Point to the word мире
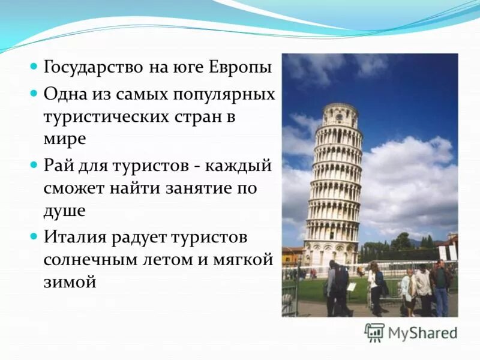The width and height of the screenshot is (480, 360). coord(65,139)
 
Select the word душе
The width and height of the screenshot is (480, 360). coord(64,211)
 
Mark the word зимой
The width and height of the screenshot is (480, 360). coord(70,281)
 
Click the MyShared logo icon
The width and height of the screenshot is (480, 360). coord(374,332)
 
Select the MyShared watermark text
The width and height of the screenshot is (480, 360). coord(422,333)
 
